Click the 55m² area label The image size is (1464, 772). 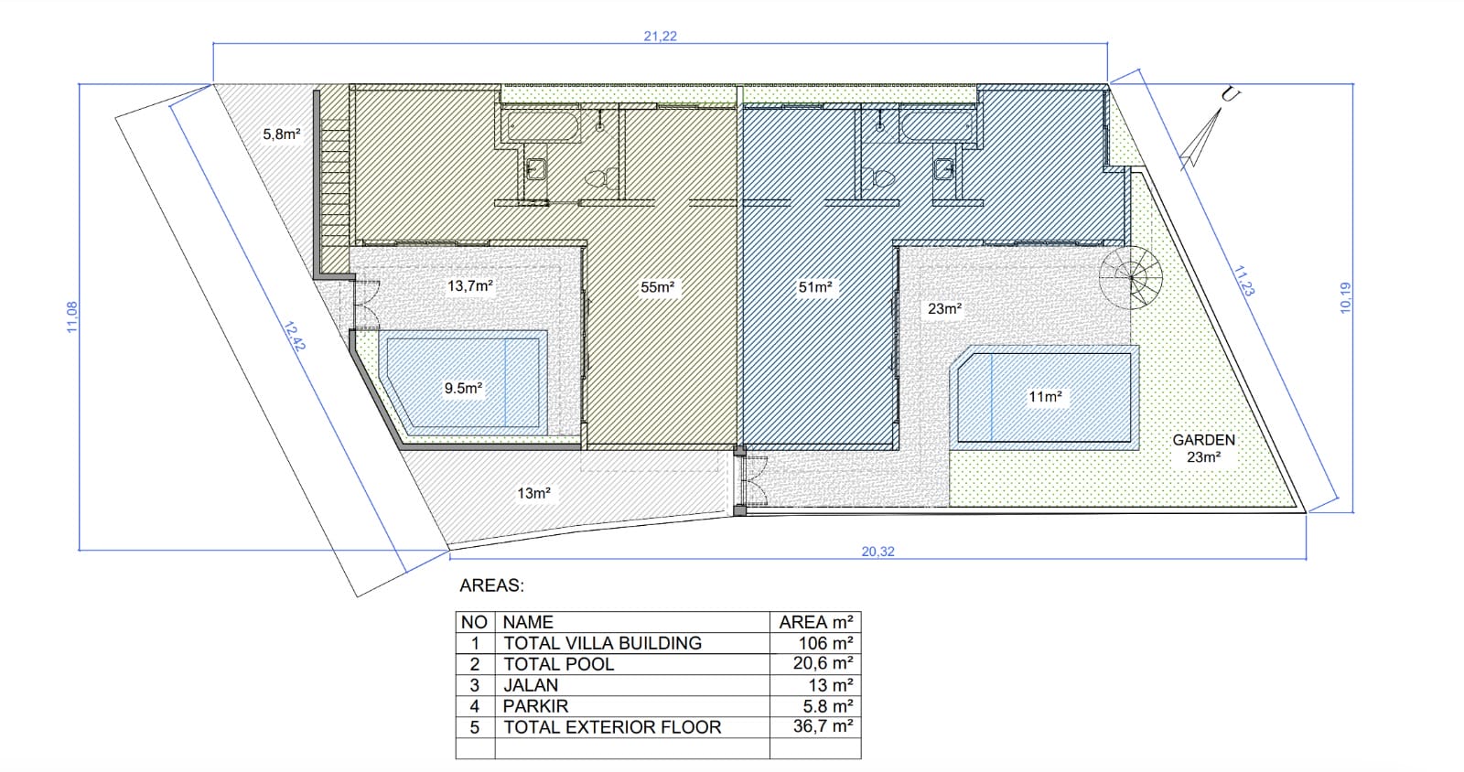(658, 286)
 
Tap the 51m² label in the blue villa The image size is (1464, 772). (815, 286)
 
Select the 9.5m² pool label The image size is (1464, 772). (463, 388)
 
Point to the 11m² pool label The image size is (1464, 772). (1045, 396)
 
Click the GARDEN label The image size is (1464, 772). (1203, 440)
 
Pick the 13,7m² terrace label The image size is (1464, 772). (470, 285)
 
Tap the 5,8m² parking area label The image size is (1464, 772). (282, 134)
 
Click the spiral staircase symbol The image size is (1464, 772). (1131, 277)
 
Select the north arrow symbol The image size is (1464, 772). (1201, 138)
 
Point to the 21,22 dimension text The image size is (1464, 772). (660, 36)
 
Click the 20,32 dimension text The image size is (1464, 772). (877, 552)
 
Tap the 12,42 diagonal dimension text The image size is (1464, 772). (295, 337)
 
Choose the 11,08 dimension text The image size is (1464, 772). (72, 316)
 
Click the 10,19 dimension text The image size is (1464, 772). (1345, 298)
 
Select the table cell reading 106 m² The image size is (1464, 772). (815, 643)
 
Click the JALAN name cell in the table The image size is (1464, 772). (632, 685)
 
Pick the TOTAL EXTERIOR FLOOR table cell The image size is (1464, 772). (632, 727)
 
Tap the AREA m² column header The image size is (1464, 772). (815, 622)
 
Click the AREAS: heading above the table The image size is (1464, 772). (491, 585)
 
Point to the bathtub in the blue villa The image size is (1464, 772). (936, 124)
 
